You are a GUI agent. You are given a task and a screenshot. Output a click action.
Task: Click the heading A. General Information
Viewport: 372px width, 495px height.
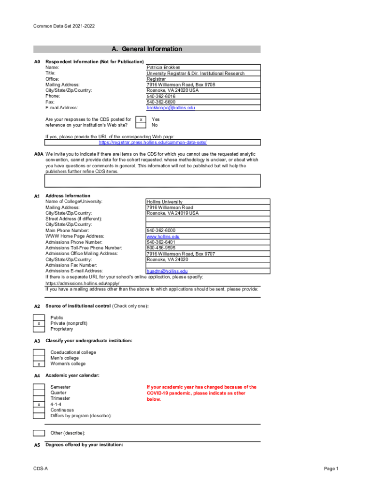coord(147,49)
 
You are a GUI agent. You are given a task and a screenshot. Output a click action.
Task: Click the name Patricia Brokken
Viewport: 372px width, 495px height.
coord(164,68)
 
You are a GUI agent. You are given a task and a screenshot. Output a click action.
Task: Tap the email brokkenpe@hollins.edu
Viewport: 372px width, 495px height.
coord(171,108)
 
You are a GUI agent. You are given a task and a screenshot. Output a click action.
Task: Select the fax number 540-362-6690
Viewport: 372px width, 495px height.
coord(161,102)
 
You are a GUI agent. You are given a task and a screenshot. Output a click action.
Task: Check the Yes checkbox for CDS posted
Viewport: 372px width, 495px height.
coord(140,119)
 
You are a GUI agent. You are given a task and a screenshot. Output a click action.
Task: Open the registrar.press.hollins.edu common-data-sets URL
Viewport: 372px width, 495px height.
coord(152,143)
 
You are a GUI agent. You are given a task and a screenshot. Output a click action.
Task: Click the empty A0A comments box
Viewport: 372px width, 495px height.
coord(153,181)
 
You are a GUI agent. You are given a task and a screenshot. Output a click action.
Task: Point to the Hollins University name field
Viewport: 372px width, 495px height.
coord(165,202)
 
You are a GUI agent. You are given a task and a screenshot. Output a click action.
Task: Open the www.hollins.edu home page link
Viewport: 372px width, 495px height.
coord(163,236)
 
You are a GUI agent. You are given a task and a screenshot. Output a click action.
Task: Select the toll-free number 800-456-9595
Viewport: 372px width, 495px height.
coord(161,248)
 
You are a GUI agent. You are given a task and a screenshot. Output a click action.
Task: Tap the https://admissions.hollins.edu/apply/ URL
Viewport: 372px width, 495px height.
coord(82,283)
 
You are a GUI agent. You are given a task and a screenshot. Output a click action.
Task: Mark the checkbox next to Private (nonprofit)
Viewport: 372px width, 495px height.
coord(39,323)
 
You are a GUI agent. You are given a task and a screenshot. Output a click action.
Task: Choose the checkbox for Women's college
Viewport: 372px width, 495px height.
coord(39,364)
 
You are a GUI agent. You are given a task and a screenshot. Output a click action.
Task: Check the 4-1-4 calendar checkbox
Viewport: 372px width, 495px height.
coord(39,404)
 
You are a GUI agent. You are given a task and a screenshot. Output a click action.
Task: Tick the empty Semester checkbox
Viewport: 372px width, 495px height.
coord(39,387)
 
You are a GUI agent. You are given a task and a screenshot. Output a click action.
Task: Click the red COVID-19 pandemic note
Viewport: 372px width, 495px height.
coord(201,393)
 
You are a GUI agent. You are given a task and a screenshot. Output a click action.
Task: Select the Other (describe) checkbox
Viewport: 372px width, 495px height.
coord(39,433)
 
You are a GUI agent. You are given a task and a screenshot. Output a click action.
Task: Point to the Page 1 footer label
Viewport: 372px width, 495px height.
coord(331,469)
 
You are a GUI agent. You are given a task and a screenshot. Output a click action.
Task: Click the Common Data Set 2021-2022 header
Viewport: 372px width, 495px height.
coord(64,26)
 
